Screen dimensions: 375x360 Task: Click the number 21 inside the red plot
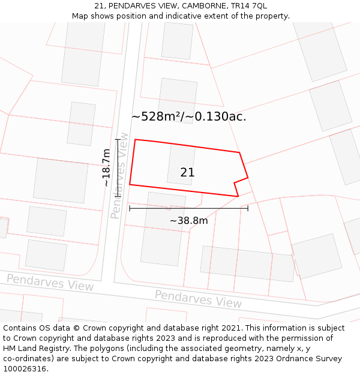click(187, 173)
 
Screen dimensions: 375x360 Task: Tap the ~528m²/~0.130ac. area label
click(188, 116)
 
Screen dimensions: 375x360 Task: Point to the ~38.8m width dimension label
click(188, 221)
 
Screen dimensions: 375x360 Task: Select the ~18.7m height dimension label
click(106, 168)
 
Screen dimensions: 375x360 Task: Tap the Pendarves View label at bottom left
click(50, 282)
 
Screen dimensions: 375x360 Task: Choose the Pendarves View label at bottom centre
click(198, 298)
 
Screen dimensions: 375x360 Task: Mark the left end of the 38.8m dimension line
click(130, 208)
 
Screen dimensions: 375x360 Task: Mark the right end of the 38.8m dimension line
click(248, 208)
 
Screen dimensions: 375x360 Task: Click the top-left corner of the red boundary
click(135, 140)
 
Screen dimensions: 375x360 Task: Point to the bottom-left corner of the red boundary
click(130, 184)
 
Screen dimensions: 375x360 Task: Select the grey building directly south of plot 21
click(163, 229)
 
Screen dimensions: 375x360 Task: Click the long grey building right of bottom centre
click(248, 263)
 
